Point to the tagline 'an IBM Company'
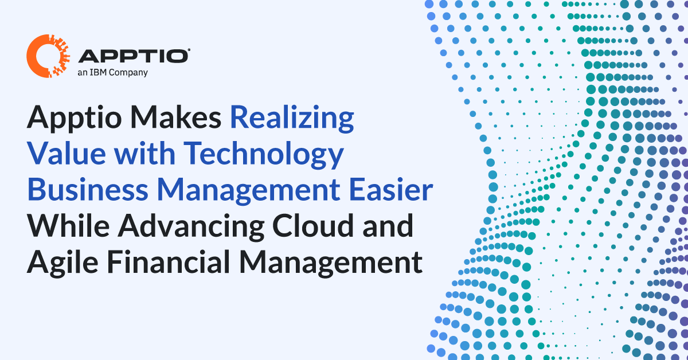[x=112, y=72]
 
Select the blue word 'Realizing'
[x=292, y=119]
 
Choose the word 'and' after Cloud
[x=390, y=227]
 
